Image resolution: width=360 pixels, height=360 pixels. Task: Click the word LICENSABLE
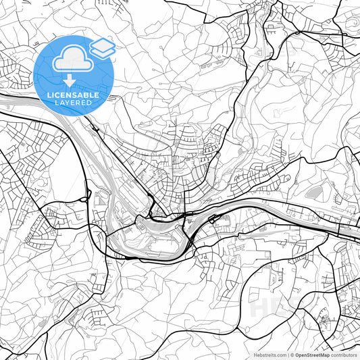pos(73,95)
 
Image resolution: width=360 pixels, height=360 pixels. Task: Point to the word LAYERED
pos(73,103)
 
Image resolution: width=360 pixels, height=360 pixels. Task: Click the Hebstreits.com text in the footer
pos(269,355)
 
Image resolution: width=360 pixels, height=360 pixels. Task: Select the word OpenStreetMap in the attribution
pos(313,355)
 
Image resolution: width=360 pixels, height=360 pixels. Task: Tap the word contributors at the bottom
pos(344,355)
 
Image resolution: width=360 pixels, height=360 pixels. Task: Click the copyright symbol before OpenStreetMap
pos(292,355)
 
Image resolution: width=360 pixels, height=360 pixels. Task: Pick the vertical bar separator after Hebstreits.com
pos(287,355)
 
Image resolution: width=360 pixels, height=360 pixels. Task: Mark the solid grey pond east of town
pos(313,193)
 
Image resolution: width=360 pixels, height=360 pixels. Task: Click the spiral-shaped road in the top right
pos(352,25)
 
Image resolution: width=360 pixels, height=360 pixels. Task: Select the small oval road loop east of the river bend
pos(212,220)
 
